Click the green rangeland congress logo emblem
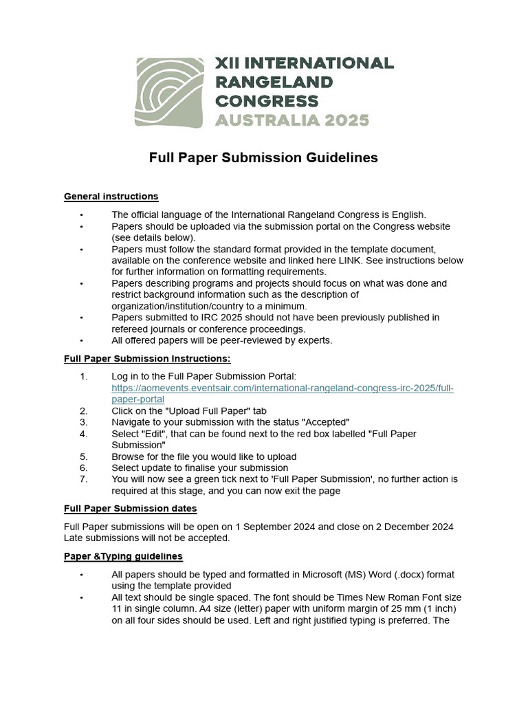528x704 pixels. coord(170,92)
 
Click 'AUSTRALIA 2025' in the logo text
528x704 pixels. coord(293,120)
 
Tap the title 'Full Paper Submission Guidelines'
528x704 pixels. coord(263,157)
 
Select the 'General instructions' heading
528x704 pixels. coord(111,197)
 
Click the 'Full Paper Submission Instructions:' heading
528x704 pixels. coord(147,358)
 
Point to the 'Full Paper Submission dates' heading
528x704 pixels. coord(130,509)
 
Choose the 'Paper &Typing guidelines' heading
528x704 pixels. coord(123,556)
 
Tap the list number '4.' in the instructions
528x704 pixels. coord(84,434)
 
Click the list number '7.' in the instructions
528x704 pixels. coord(84,479)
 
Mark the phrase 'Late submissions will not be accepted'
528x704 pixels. coord(145,538)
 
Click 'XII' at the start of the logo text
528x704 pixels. coord(225,64)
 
